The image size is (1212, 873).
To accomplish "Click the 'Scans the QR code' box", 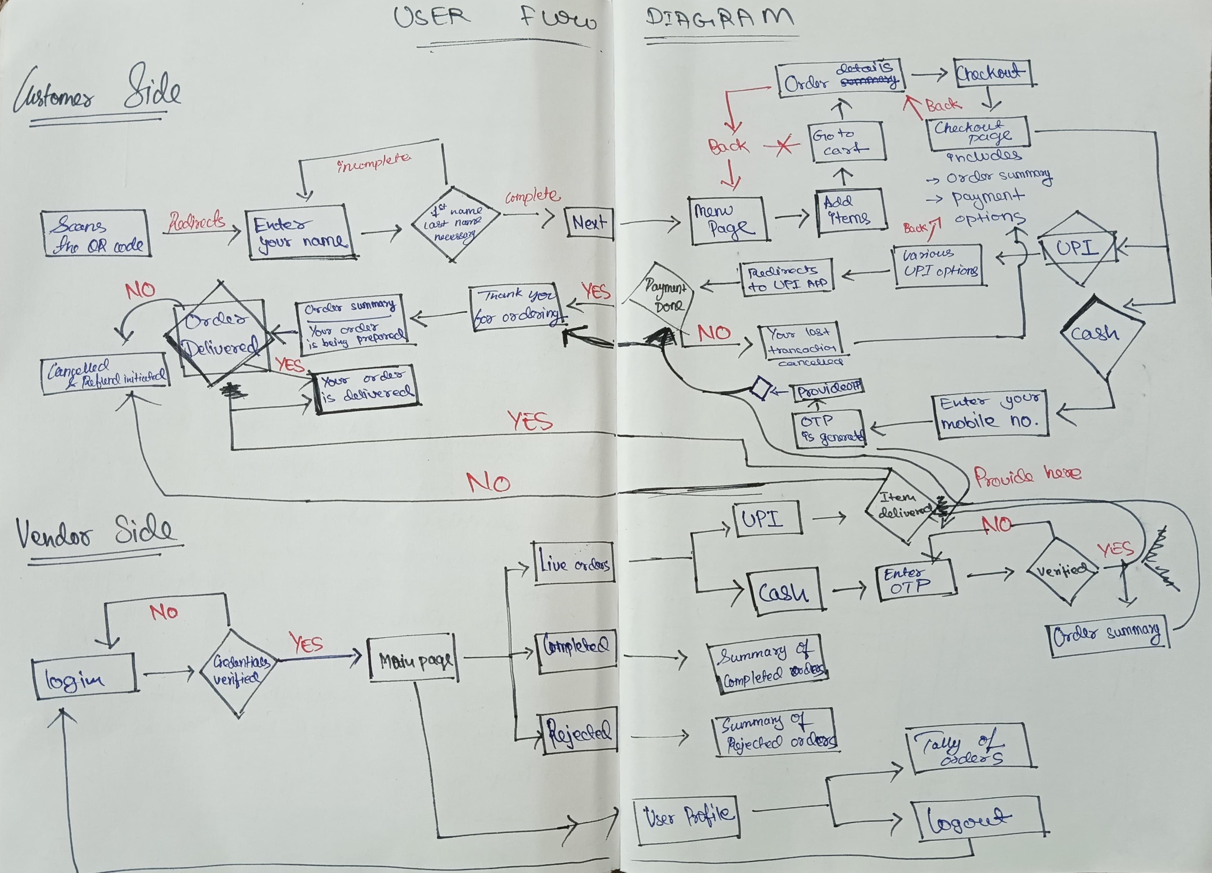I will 95,233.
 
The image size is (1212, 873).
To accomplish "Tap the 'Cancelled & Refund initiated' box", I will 105,374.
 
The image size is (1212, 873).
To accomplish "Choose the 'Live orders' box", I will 574,563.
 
